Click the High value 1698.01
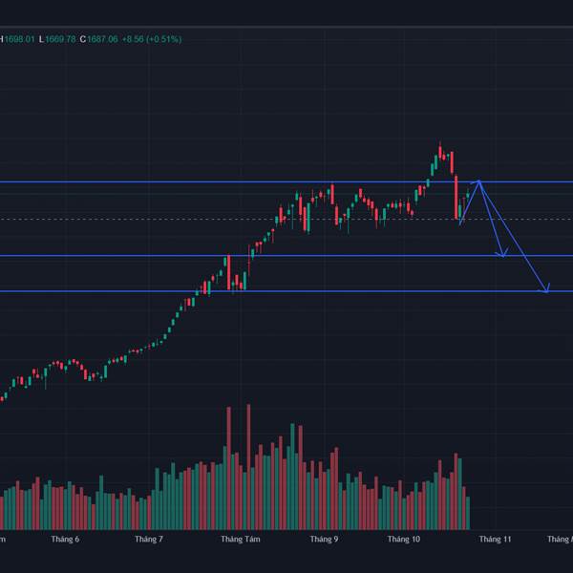point(18,39)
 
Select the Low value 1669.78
point(59,39)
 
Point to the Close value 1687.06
point(101,39)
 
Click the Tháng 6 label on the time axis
point(65,540)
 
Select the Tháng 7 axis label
point(148,540)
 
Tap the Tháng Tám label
point(240,540)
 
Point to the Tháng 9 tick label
point(324,540)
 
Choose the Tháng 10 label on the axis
point(404,540)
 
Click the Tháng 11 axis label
point(495,540)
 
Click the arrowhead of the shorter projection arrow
point(503,255)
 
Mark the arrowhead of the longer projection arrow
point(547,290)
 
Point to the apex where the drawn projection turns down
point(479,180)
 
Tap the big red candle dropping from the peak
point(456,197)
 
